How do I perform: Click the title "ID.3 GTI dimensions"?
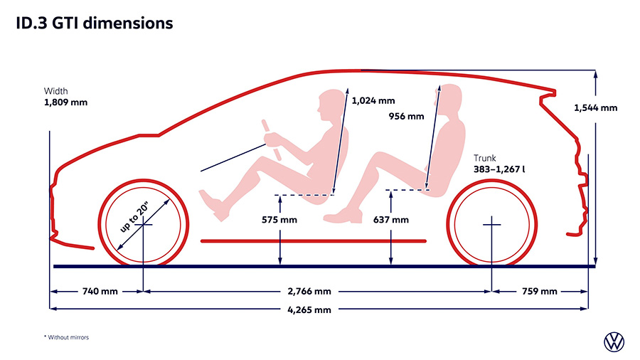[x=95, y=23]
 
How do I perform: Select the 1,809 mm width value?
[x=65, y=102]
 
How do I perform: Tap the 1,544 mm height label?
[x=595, y=107]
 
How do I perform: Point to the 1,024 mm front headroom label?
[x=373, y=100]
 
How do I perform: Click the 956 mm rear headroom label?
[x=406, y=117]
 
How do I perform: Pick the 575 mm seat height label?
[x=279, y=220]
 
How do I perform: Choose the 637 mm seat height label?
[x=391, y=220]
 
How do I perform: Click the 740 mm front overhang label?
[x=100, y=292]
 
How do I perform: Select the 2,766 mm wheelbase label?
[x=309, y=292]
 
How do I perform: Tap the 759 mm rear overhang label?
[x=540, y=292]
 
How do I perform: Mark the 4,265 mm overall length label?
[x=309, y=309]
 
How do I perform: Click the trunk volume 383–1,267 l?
[x=499, y=169]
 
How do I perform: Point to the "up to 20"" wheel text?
[x=134, y=218]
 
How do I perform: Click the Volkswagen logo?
[x=614, y=342]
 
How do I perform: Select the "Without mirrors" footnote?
[x=67, y=337]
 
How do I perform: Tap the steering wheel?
[x=272, y=139]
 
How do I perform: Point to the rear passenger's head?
[x=450, y=102]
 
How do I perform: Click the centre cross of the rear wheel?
[x=492, y=225]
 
